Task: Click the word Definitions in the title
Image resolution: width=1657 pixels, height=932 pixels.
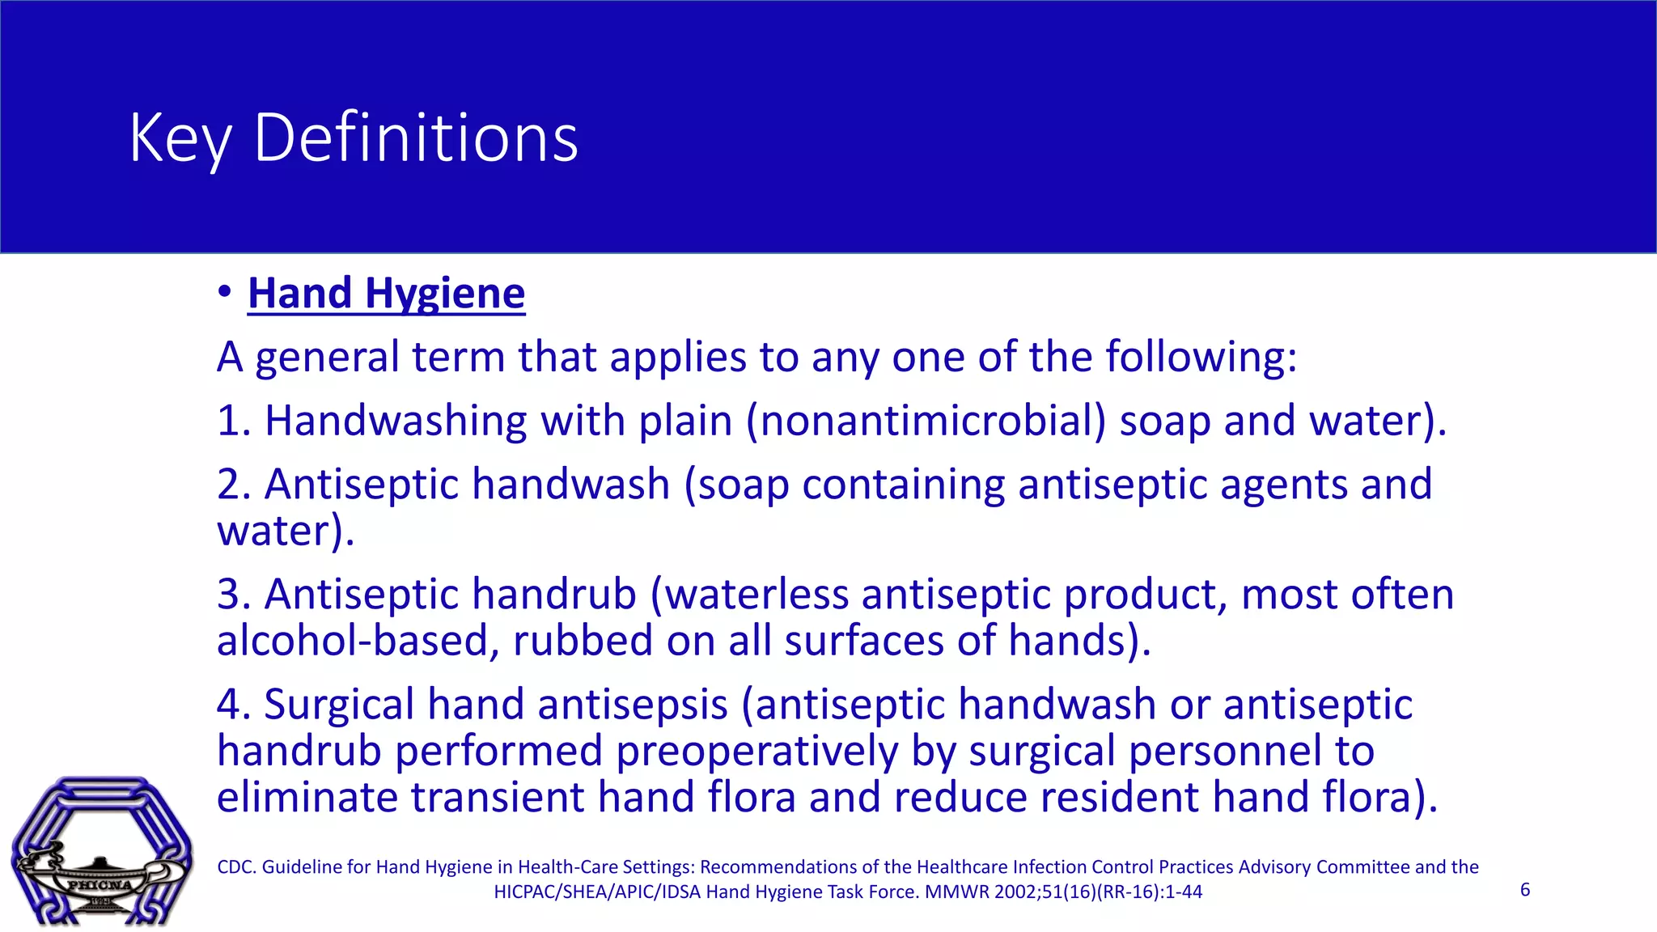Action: point(416,138)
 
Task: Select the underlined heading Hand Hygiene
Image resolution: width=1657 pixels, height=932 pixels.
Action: point(386,293)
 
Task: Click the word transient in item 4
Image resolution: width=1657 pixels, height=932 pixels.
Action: point(498,797)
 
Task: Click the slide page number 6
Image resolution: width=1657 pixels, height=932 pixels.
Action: point(1525,890)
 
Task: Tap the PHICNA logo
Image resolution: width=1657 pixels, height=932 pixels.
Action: point(101,851)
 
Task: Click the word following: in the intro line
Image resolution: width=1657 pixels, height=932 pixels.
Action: point(1201,358)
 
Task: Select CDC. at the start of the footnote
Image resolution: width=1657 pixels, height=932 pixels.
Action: point(236,867)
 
